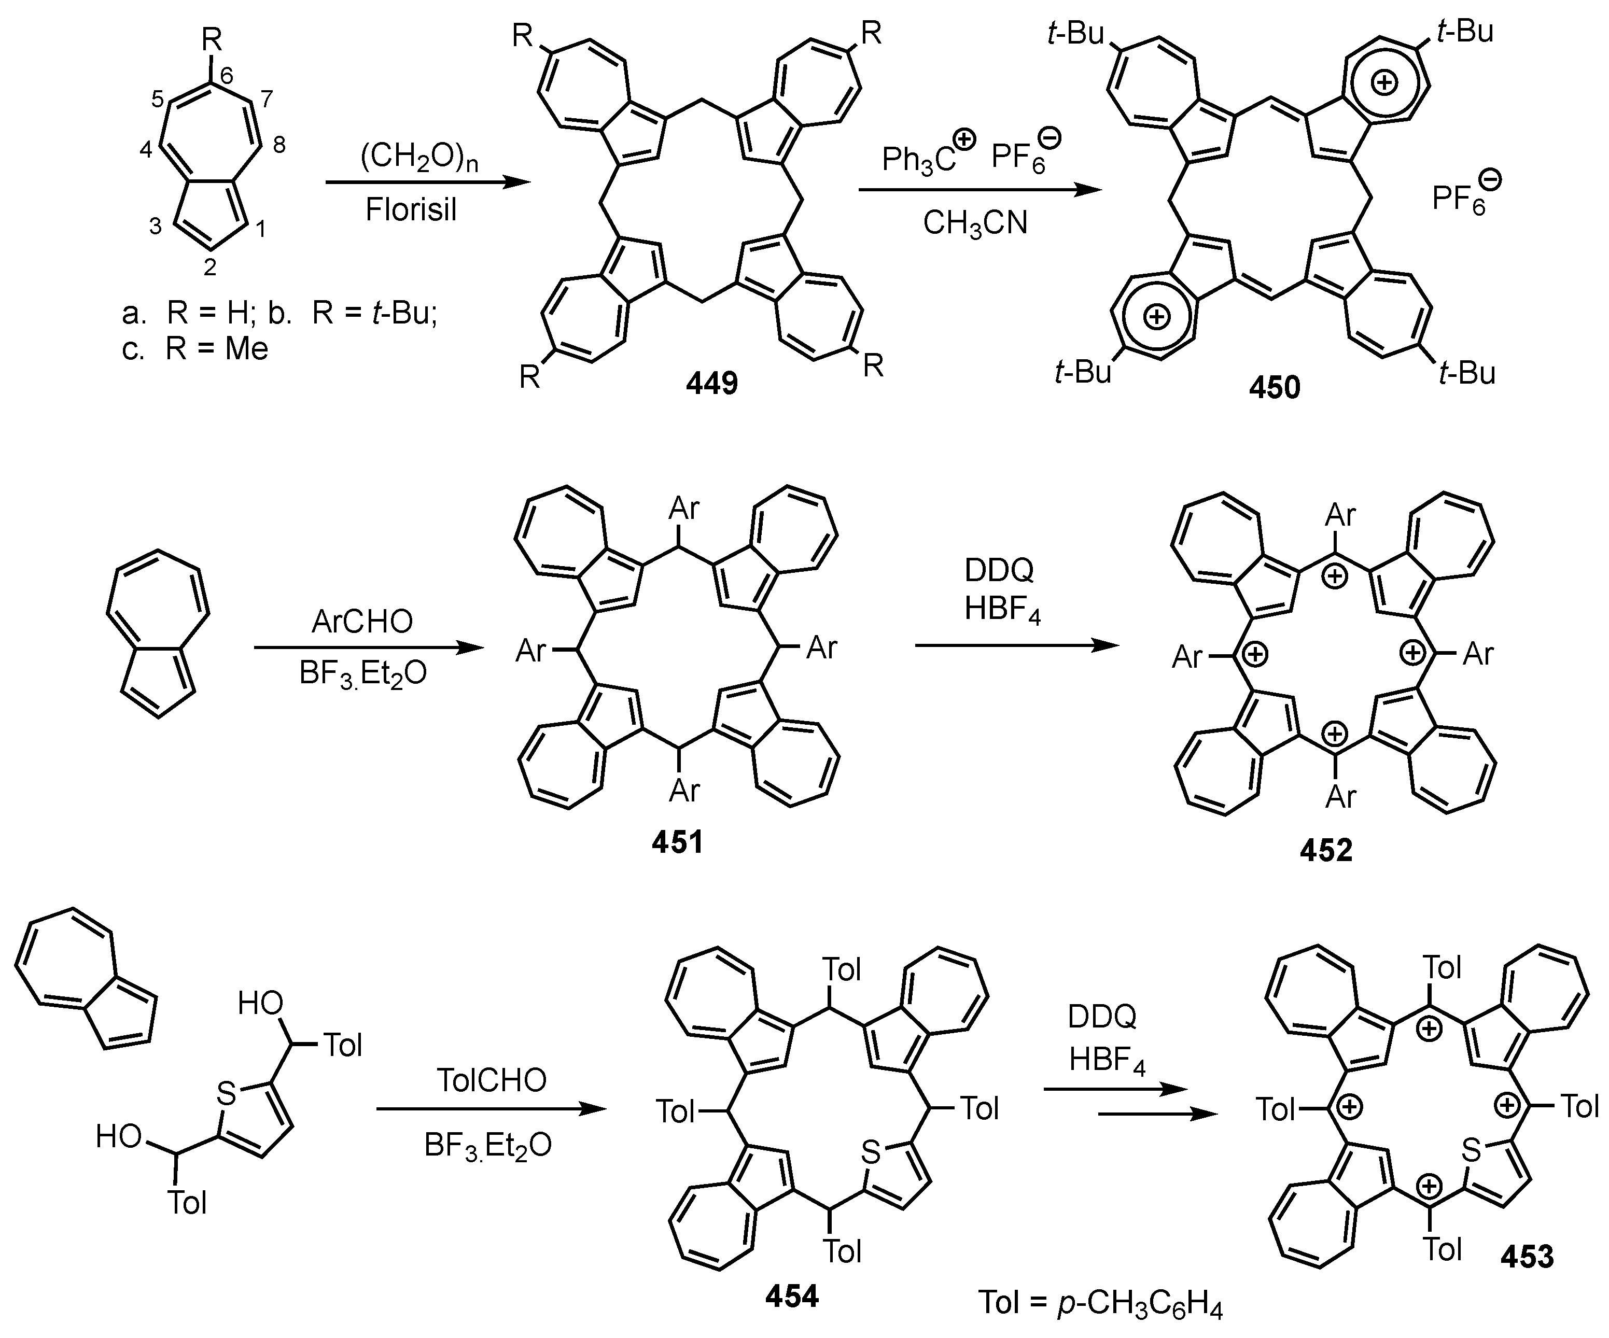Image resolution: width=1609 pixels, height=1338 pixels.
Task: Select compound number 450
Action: coord(1274,388)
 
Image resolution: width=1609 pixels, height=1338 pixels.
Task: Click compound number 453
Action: coord(1527,1256)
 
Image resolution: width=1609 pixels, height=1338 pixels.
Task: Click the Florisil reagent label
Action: coord(411,210)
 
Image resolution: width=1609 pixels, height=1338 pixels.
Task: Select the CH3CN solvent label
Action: coord(975,223)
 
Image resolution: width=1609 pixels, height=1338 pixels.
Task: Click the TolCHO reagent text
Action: coord(491,1080)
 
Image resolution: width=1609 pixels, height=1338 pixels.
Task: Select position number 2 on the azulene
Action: coord(209,267)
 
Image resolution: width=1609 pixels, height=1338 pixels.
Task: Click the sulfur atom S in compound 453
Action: coord(1471,1149)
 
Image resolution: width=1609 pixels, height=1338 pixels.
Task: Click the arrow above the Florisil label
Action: coord(428,183)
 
